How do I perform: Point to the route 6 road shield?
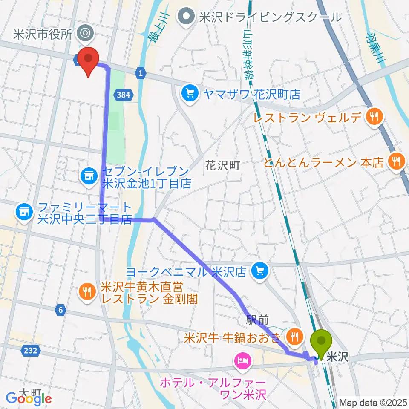point(61,311)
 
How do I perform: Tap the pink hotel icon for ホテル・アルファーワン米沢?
point(242,363)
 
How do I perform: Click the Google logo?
point(29,399)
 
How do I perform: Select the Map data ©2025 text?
point(373,403)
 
